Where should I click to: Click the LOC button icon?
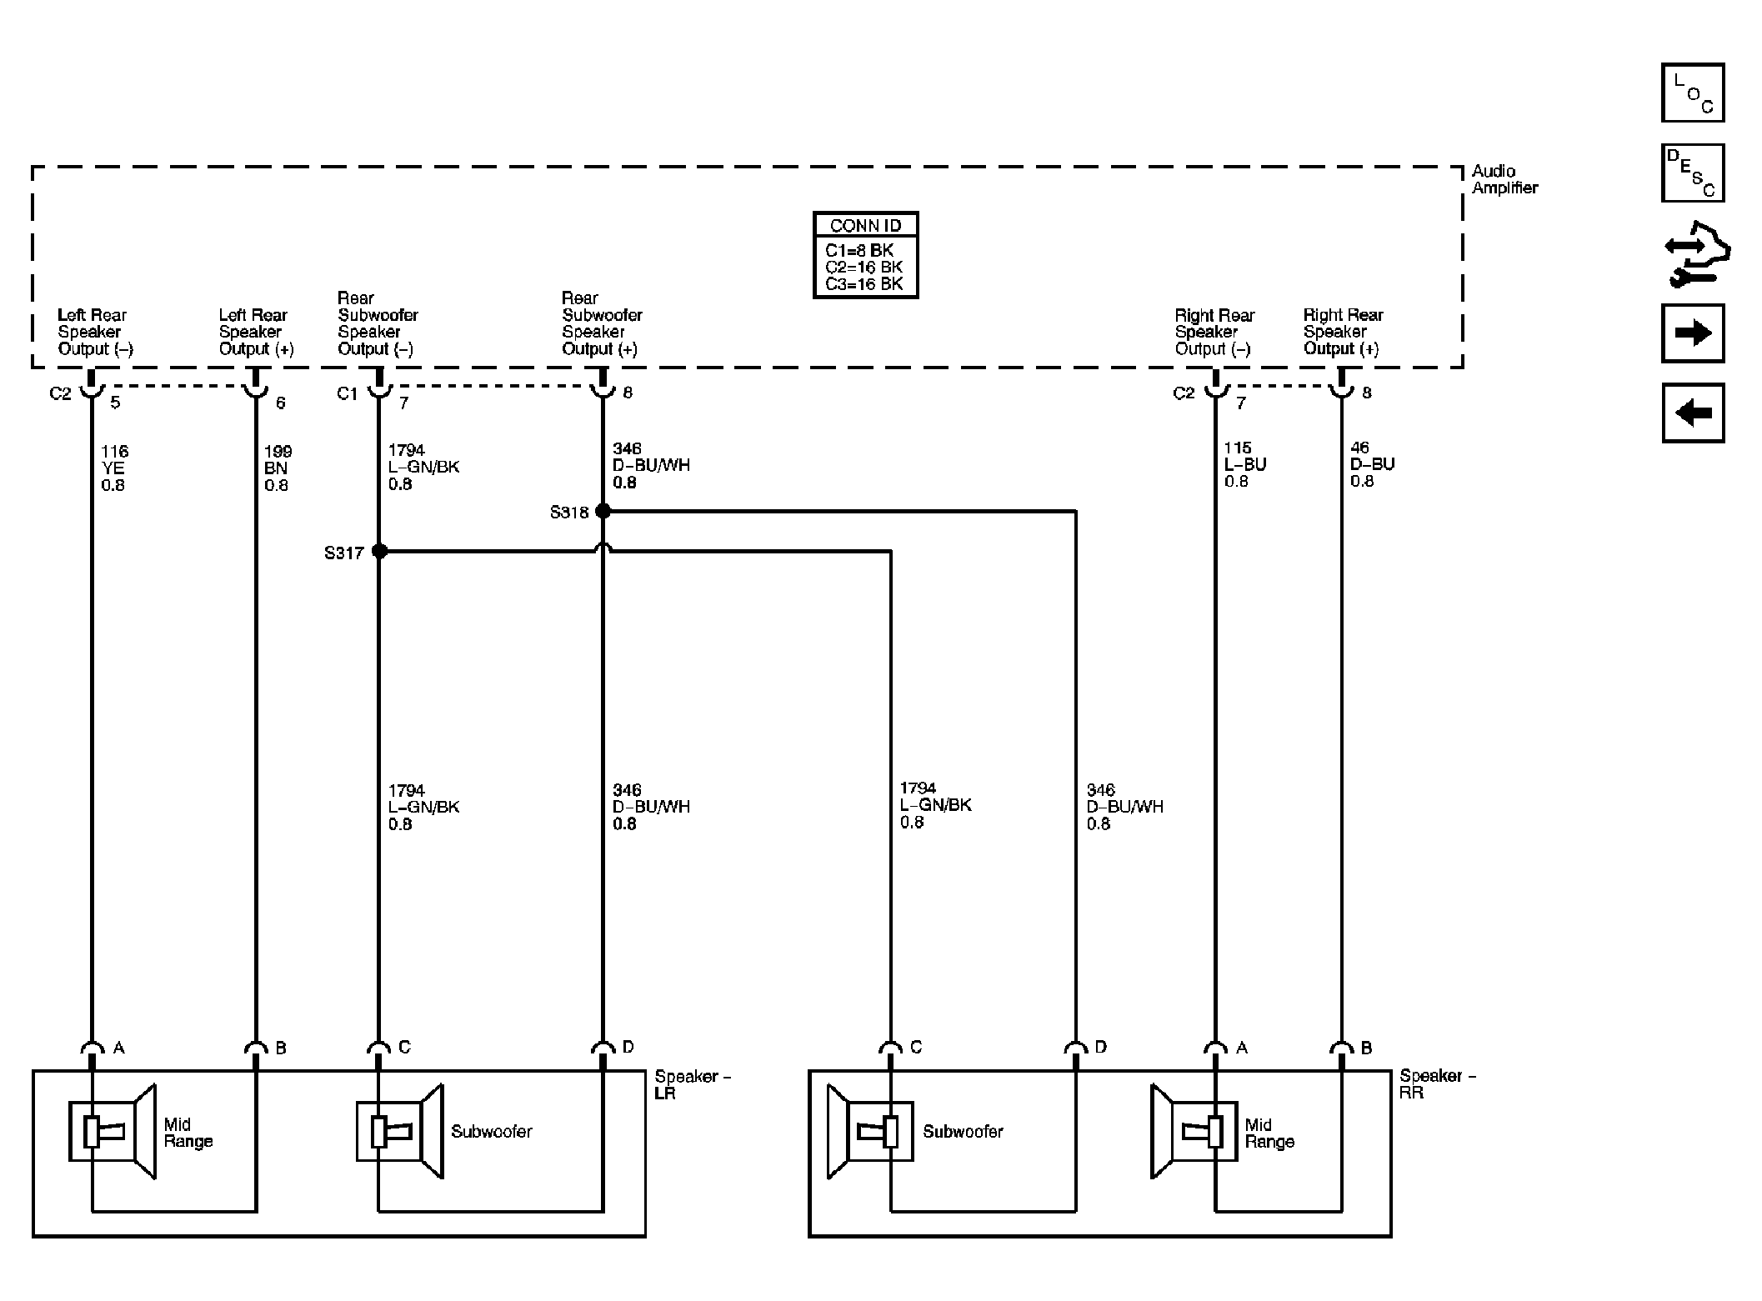pos(1692,93)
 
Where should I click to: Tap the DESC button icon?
pos(1692,173)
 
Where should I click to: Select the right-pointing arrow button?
pos(1692,333)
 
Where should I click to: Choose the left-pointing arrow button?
pos(1692,413)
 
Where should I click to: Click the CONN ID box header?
pos(865,225)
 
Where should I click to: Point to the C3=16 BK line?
pos(863,284)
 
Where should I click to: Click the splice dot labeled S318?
pos(603,511)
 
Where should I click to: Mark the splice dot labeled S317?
pos(379,551)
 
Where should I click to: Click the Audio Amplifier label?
pos(1504,179)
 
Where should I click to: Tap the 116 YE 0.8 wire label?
pos(114,468)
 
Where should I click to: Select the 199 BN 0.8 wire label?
pos(278,468)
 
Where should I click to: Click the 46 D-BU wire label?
pos(1371,464)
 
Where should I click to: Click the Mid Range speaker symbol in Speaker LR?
pos(112,1131)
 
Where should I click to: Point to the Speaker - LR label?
pos(692,1084)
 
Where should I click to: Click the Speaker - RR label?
pos(1437,1083)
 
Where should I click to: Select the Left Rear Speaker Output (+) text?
pos(256,332)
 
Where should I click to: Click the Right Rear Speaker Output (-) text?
pos(1214,332)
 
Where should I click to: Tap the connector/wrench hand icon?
pos(1695,254)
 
